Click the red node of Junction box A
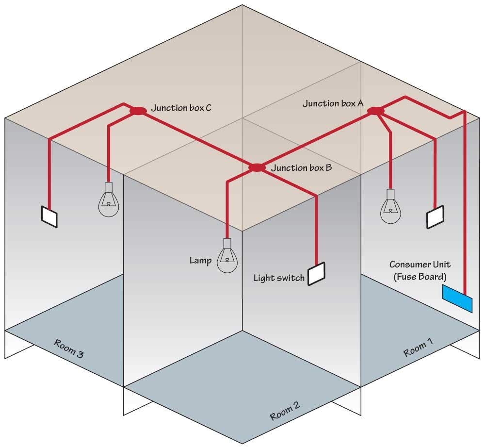coord(376,111)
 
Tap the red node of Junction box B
coord(257,167)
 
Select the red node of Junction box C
coord(138,111)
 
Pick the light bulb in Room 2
coord(227,259)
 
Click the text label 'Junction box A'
coord(333,103)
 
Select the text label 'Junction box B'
coord(301,168)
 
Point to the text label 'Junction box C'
coord(181,108)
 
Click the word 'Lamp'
coord(200,261)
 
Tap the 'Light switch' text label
coord(279,278)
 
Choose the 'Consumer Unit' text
coord(420,265)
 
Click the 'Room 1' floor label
coord(419,348)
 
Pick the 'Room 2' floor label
coord(284,412)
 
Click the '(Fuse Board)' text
coord(420,277)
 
